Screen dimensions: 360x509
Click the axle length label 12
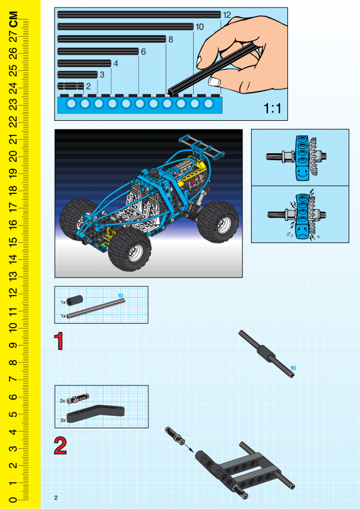click(227, 15)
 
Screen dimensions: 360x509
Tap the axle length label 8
click(171, 40)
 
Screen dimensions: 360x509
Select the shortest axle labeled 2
click(71, 86)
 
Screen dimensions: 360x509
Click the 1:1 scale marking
click(272, 108)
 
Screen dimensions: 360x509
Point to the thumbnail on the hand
click(214, 81)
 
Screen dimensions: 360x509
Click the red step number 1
click(59, 341)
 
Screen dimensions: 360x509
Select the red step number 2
click(60, 446)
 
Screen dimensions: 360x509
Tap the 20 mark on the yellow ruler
click(13, 156)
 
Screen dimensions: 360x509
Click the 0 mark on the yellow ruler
click(13, 499)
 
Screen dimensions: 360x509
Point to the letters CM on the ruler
click(14, 19)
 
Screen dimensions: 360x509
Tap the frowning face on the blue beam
click(302, 231)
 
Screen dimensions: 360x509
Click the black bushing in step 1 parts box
click(75, 299)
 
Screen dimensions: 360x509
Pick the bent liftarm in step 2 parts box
click(96, 414)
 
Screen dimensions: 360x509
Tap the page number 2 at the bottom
click(56, 498)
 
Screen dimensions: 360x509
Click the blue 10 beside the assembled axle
click(293, 368)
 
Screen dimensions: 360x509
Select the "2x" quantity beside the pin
click(63, 401)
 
